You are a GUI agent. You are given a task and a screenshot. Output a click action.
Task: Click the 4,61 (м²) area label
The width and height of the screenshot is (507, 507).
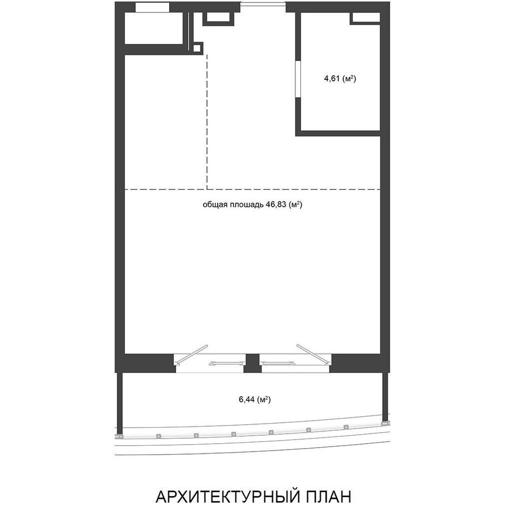340,79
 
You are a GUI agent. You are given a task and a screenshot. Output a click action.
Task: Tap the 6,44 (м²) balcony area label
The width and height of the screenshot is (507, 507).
254,400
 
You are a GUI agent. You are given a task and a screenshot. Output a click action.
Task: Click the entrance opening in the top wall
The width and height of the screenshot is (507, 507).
263,4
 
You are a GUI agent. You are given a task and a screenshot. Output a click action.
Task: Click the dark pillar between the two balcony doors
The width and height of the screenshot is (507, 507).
252,363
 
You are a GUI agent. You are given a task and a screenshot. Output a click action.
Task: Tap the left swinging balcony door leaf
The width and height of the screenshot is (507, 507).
191,355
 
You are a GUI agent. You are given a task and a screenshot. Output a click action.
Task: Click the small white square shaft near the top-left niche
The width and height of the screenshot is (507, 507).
197,48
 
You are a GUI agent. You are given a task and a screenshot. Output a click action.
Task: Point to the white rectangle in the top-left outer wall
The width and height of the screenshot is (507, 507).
152,7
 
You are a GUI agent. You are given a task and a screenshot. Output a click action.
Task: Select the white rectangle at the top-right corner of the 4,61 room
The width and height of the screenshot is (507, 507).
366,18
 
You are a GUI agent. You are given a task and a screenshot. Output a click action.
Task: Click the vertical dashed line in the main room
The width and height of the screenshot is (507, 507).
207,122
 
